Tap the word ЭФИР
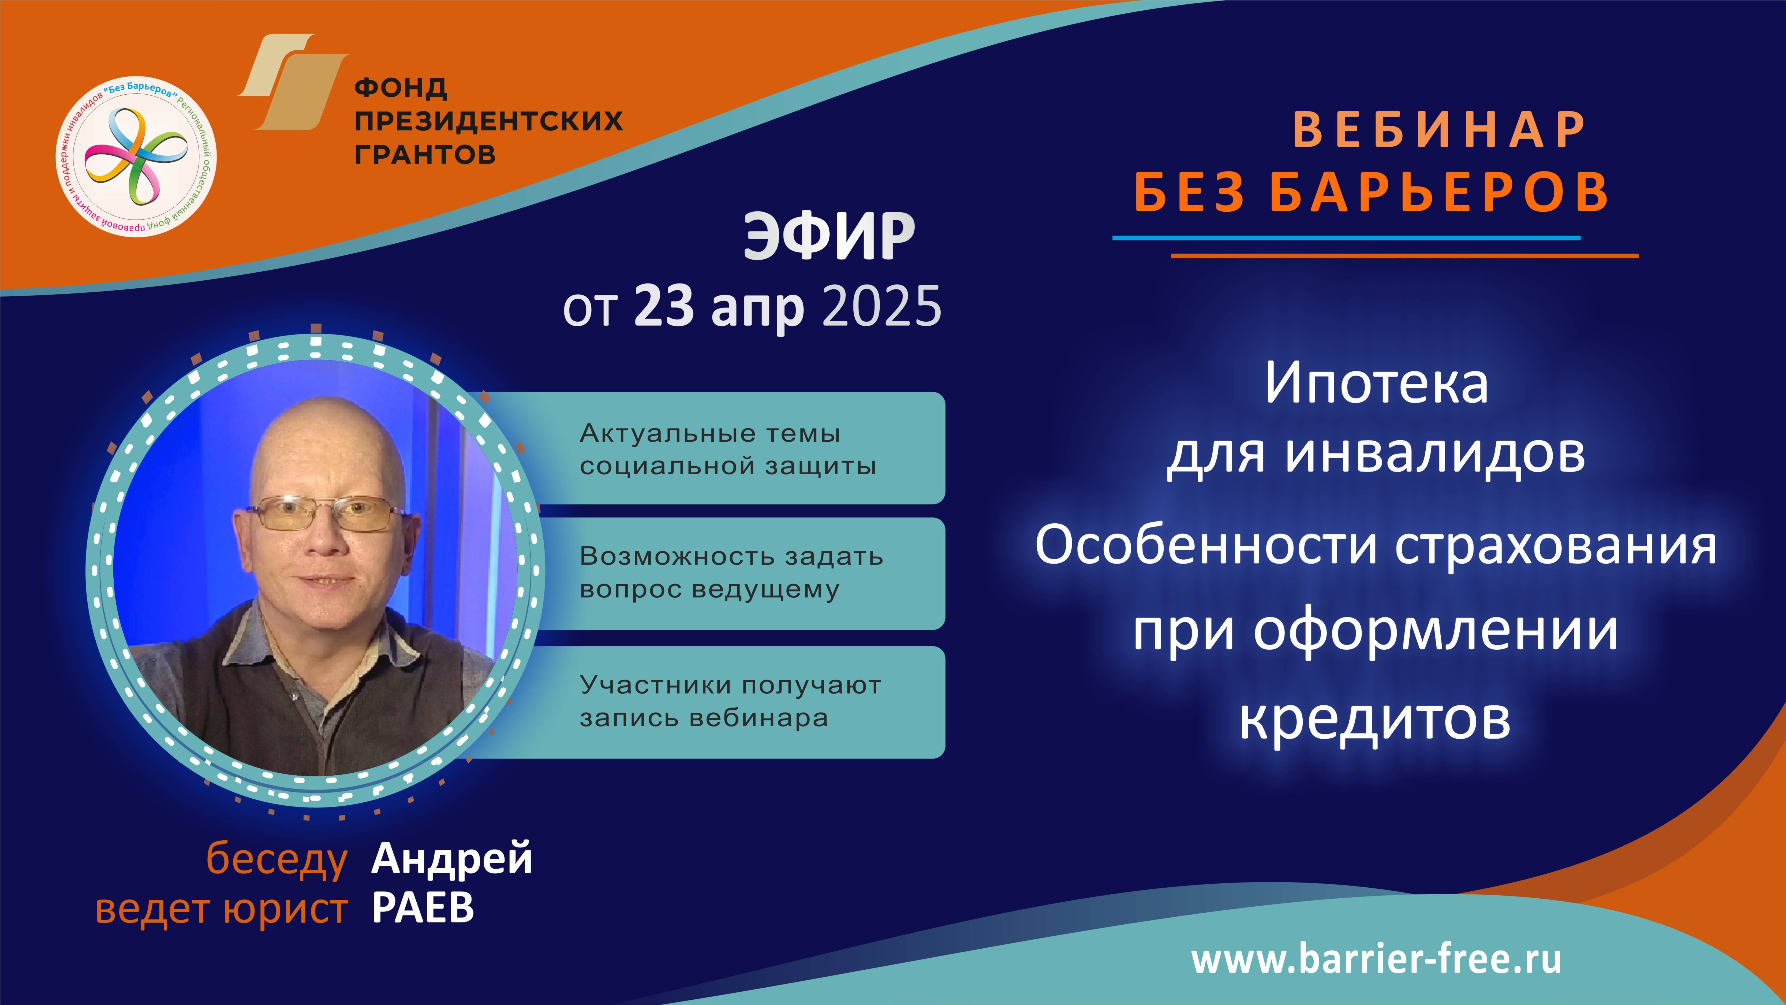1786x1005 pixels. point(829,237)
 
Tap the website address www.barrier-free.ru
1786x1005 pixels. point(1376,959)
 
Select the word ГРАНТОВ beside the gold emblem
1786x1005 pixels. point(425,154)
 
